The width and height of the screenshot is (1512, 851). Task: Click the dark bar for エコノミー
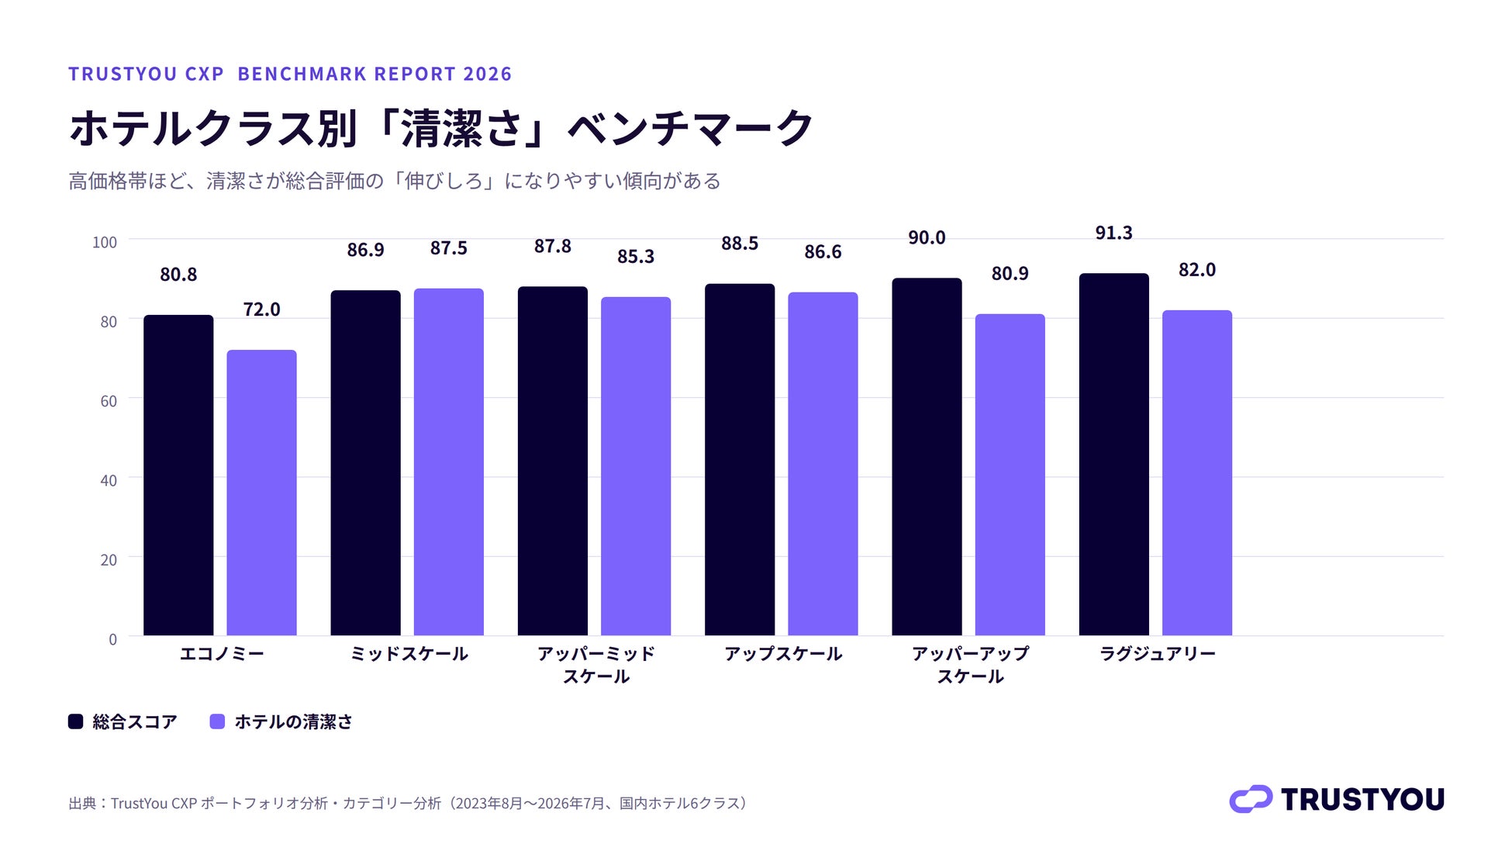coord(178,475)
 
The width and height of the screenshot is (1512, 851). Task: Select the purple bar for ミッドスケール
coord(448,462)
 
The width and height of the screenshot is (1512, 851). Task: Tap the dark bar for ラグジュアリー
coord(1113,454)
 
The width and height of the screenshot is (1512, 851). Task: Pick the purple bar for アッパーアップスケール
coord(1010,475)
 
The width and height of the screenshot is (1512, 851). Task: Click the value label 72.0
coord(261,310)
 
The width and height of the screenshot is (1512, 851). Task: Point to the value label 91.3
coord(1113,233)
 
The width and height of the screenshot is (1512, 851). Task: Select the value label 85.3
coord(636,257)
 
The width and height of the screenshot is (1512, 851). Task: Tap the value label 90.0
coord(927,237)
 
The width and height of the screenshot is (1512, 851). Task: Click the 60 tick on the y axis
coord(109,401)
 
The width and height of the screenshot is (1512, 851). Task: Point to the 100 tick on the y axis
coord(105,242)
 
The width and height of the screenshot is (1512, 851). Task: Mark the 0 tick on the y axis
coord(113,639)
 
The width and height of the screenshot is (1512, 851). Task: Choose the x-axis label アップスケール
coord(783,654)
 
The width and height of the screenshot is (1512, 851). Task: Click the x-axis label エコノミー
coord(222,654)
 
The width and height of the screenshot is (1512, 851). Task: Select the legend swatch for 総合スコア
coord(75,721)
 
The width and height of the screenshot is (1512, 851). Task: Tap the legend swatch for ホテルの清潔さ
coord(217,721)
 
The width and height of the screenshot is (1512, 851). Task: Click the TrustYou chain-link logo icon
coord(1251,799)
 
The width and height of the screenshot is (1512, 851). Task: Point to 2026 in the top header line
coord(488,74)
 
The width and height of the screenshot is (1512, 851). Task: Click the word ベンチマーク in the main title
coord(691,128)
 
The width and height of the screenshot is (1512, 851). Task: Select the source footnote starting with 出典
coord(408,803)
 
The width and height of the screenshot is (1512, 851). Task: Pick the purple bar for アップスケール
coord(823,464)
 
